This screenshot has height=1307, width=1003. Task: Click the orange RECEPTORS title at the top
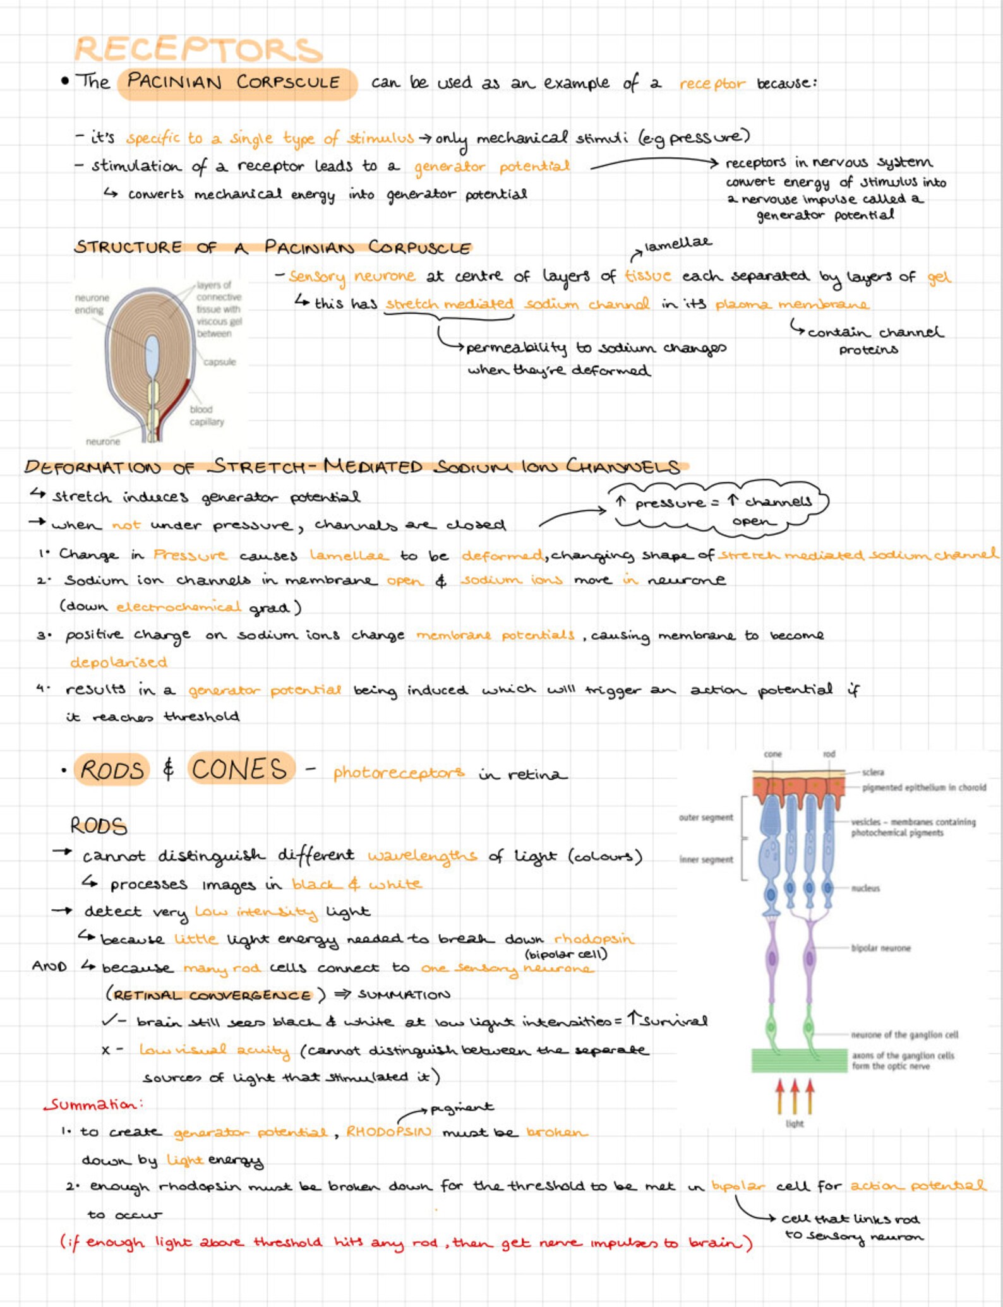click(198, 49)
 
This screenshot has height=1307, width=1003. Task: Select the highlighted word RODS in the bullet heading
click(112, 770)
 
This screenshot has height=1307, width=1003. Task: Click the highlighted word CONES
click(240, 769)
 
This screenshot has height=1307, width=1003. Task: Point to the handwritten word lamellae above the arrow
click(678, 243)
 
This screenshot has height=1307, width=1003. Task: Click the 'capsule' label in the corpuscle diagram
click(219, 362)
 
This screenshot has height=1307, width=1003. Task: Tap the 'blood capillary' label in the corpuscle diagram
click(207, 415)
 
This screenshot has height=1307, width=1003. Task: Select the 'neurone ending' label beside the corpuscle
click(92, 304)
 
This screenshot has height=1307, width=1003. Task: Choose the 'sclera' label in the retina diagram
click(873, 772)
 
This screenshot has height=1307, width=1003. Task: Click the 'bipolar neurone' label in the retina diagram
click(880, 948)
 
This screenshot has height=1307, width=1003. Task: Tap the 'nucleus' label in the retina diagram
click(865, 888)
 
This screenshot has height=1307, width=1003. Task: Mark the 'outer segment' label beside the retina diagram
click(706, 817)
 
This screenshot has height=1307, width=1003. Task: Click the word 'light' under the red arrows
click(795, 1123)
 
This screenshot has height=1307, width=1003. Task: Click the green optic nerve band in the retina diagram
click(799, 1060)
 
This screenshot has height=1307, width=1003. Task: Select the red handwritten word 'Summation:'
click(93, 1104)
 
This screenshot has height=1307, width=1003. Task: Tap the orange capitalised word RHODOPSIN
click(388, 1131)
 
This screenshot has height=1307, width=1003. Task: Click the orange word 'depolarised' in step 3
click(118, 662)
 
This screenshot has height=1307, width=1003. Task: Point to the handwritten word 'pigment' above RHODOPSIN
click(461, 1107)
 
